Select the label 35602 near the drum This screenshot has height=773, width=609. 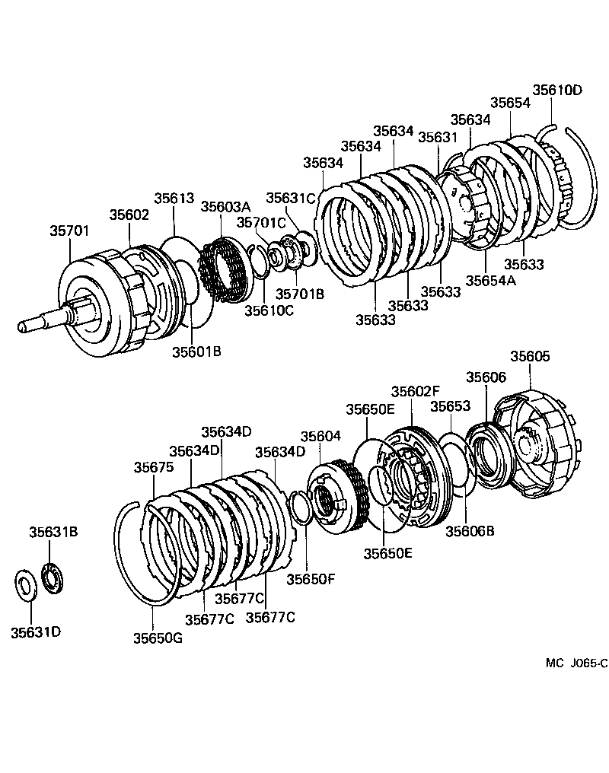(129, 215)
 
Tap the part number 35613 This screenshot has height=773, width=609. (174, 199)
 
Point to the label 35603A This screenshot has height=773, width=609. (225, 206)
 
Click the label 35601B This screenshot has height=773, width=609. (196, 352)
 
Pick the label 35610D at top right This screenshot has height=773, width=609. (556, 91)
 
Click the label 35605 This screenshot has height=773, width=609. (530, 356)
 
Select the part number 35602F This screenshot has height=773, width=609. (416, 391)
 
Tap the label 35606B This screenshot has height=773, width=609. (470, 531)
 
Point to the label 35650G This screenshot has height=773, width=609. (158, 638)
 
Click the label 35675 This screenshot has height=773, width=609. (154, 467)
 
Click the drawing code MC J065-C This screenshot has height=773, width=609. (576, 663)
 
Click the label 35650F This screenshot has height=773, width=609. (311, 579)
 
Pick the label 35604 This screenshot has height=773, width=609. (320, 437)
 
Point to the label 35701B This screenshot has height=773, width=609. (300, 294)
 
